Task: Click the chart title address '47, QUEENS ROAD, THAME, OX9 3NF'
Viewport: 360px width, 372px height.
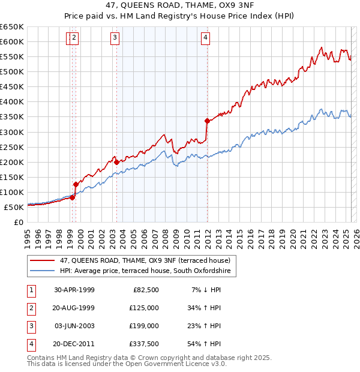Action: pos(180,6)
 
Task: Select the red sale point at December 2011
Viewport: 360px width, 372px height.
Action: pos(207,121)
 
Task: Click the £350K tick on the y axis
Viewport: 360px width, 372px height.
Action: pos(12,117)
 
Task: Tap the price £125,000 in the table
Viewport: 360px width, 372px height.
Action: pos(145,308)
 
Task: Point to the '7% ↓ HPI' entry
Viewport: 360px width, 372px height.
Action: pos(205,290)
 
